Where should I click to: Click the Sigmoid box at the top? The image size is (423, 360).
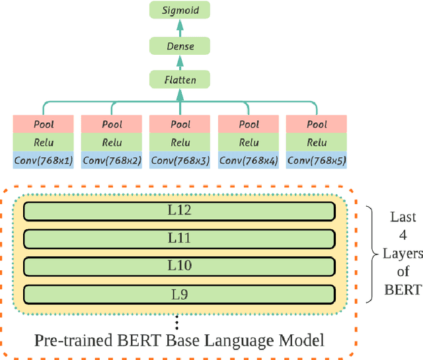click(180, 10)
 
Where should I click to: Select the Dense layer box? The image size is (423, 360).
click(180, 46)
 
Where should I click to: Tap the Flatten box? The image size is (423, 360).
click(180, 81)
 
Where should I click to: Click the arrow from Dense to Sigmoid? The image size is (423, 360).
click(180, 28)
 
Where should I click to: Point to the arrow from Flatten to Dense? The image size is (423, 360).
click(180, 63)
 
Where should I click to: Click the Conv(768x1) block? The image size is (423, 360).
click(43, 161)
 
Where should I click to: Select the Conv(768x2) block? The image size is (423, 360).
click(112, 161)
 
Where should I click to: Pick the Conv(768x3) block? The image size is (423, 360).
click(180, 161)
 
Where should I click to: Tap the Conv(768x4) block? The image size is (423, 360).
click(249, 161)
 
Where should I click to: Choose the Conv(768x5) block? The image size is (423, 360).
click(317, 161)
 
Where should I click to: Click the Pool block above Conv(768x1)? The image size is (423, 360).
click(43, 124)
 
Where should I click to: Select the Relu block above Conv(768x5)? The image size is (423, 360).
click(317, 142)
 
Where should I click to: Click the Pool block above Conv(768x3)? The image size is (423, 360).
click(180, 124)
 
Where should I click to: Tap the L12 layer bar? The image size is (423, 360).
click(179, 211)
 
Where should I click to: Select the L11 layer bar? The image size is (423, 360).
click(179, 238)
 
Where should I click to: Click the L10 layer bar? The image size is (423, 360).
click(179, 265)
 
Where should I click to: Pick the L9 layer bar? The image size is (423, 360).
click(179, 293)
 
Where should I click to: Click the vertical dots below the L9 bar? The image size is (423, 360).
click(176, 323)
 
